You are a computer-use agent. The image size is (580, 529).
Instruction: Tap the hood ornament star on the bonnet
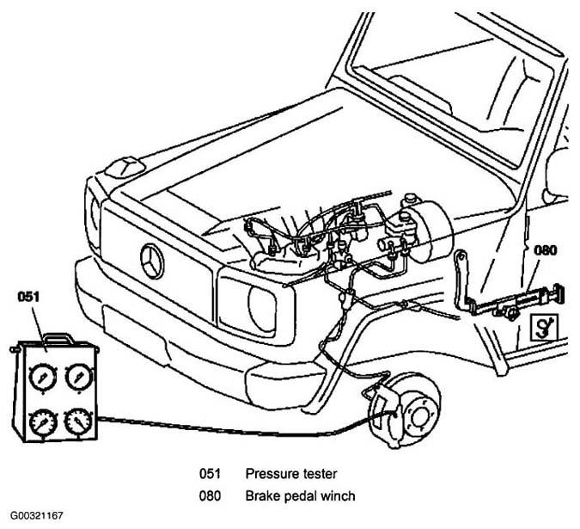(x=125, y=168)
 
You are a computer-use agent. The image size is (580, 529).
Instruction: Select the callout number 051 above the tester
(x=28, y=297)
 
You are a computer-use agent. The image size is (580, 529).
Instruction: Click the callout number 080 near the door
(x=546, y=250)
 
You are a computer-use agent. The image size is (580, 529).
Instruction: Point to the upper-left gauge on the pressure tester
(x=43, y=378)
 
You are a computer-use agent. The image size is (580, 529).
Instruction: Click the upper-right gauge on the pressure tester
(x=78, y=377)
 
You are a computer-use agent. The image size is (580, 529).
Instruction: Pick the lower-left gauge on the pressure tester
(x=44, y=422)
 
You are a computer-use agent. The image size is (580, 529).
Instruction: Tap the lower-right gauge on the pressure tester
(x=78, y=421)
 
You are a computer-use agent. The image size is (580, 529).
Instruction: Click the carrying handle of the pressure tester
(x=58, y=337)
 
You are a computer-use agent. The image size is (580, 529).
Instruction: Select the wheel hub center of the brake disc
(x=419, y=417)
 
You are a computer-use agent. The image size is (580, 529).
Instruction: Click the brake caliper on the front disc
(x=385, y=414)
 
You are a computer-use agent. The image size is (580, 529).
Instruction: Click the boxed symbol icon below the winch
(x=544, y=327)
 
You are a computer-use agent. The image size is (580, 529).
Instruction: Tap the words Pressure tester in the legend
(x=291, y=474)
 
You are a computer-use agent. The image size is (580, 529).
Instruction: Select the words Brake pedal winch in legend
(x=300, y=495)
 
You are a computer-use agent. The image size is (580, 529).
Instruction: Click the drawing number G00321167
(x=36, y=516)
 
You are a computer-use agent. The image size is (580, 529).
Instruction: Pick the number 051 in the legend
(x=210, y=474)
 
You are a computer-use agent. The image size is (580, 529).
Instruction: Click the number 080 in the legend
(x=210, y=495)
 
